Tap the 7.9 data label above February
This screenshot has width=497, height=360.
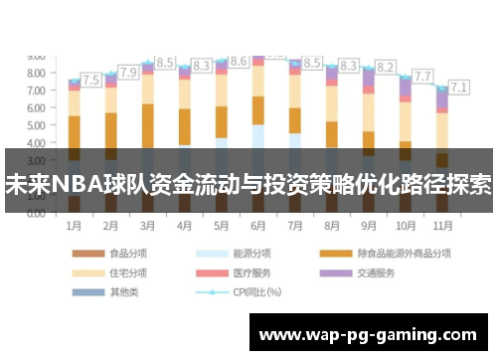pyautogui.click(x=128, y=73)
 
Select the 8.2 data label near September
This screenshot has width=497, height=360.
pyautogui.click(x=386, y=68)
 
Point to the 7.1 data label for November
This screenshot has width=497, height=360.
pyautogui.click(x=459, y=87)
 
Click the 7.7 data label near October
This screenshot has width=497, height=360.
pyautogui.click(x=422, y=76)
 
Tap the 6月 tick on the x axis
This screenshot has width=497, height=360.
pyautogui.click(x=257, y=226)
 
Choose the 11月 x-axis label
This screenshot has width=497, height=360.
pyautogui.click(x=443, y=226)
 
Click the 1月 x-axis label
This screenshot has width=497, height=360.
pyautogui.click(x=74, y=226)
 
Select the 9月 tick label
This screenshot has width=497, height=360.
pyautogui.click(x=369, y=226)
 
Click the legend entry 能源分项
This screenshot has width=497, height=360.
pyautogui.click(x=251, y=253)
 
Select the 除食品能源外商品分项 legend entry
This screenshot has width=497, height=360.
pyautogui.click(x=398, y=253)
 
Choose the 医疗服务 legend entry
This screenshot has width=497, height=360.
pyautogui.click(x=251, y=272)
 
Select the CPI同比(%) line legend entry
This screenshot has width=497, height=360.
pyautogui.click(x=256, y=292)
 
